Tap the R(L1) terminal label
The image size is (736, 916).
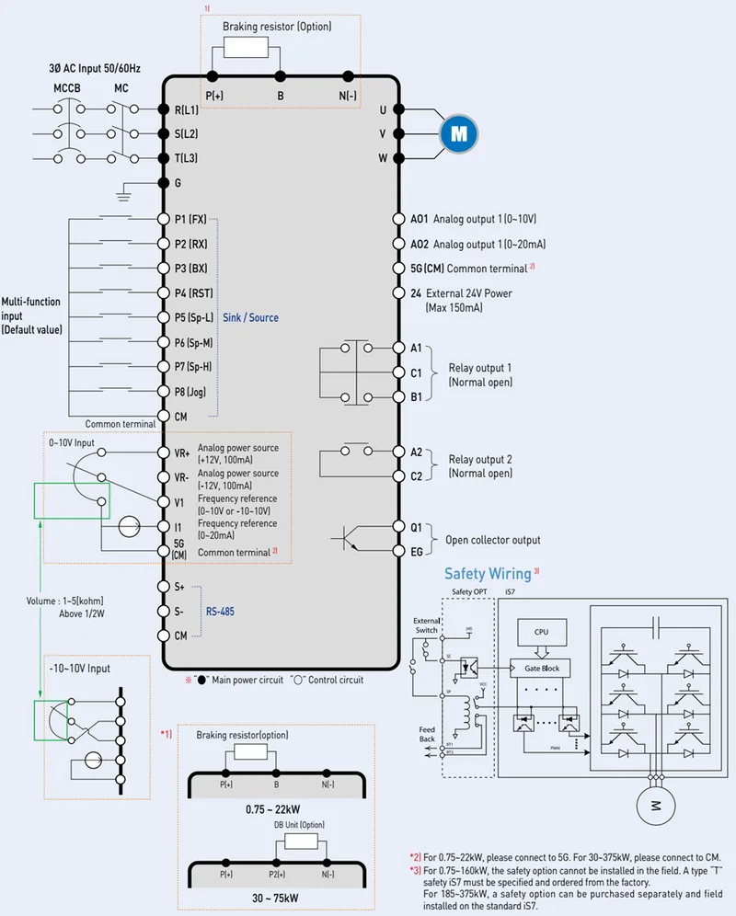pyautogui.click(x=186, y=109)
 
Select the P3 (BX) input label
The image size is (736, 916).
pyautogui.click(x=190, y=269)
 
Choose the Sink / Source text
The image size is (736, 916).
pyautogui.click(x=250, y=318)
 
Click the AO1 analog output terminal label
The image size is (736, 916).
pyautogui.click(x=419, y=219)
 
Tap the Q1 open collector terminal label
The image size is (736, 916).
pyautogui.click(x=416, y=527)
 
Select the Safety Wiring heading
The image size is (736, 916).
pyautogui.click(x=488, y=574)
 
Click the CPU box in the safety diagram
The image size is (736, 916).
pyautogui.click(x=541, y=633)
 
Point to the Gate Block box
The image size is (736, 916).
pyautogui.click(x=541, y=668)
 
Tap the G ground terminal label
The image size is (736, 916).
pyautogui.click(x=178, y=182)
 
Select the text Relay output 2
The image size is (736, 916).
pyautogui.click(x=480, y=459)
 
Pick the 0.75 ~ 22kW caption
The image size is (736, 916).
pyautogui.click(x=276, y=807)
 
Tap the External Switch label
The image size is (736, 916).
pyautogui.click(x=426, y=625)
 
